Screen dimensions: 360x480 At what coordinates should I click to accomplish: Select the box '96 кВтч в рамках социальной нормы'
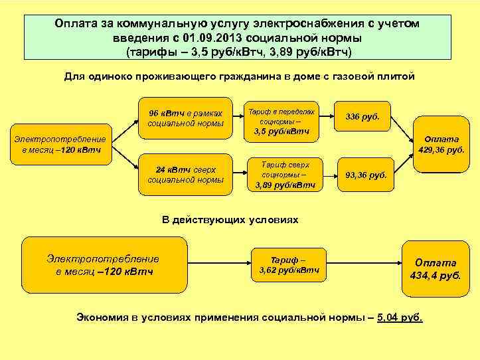pyautogui.click(x=185, y=118)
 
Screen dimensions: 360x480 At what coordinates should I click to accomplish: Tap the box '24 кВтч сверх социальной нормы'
pyautogui.click(x=185, y=174)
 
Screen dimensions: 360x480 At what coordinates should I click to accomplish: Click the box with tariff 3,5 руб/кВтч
pyautogui.click(x=281, y=121)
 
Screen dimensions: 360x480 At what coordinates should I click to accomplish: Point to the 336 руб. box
pyautogui.click(x=362, y=117)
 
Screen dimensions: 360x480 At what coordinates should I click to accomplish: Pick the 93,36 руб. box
pyautogui.click(x=366, y=175)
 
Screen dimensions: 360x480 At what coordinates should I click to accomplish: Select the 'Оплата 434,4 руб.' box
pyautogui.click(x=436, y=268)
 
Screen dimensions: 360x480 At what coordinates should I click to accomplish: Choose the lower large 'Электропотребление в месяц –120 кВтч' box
pyautogui.click(x=103, y=265)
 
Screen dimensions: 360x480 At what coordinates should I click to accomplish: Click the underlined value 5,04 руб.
pyautogui.click(x=399, y=317)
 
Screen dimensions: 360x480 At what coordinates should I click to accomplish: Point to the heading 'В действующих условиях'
pyautogui.click(x=230, y=219)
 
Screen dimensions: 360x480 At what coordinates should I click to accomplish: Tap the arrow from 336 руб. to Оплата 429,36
pyautogui.click(x=402, y=126)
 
